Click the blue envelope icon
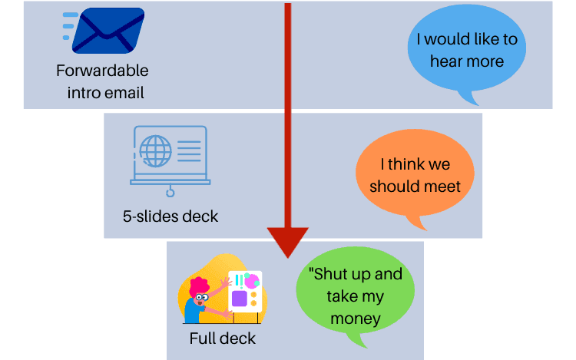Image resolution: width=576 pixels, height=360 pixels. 109,31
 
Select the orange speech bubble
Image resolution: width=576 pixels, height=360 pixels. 415,176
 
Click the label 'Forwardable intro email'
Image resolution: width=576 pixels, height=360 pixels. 102,81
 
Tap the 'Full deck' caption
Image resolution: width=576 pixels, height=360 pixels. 222,338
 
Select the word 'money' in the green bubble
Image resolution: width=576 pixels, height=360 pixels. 355,317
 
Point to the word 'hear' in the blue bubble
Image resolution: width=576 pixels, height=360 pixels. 447,61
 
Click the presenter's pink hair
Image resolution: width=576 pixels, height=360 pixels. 200,286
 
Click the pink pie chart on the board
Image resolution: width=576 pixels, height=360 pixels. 250,282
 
